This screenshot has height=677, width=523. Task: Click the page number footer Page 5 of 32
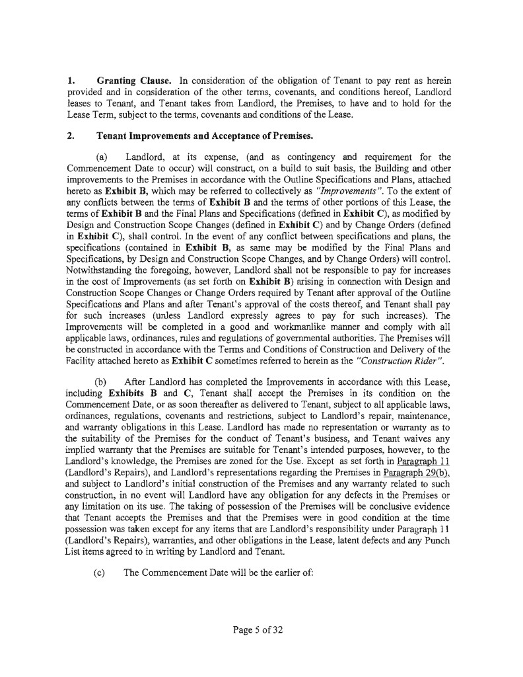(258, 629)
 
